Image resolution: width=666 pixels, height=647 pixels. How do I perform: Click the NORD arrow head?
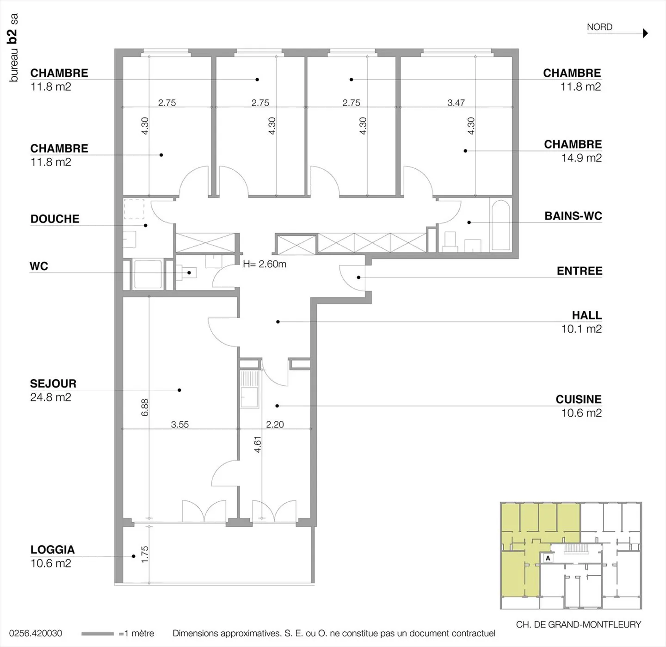pyautogui.click(x=645, y=33)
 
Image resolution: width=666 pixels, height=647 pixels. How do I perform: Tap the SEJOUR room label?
pyautogui.click(x=53, y=383)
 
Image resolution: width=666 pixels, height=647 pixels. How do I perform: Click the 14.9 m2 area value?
pyautogui.click(x=581, y=158)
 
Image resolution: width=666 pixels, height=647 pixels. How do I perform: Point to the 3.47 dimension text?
pyautogui.click(x=456, y=103)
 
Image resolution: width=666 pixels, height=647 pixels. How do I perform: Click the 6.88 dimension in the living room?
pyautogui.click(x=145, y=407)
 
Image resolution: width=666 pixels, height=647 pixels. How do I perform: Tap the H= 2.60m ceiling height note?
pyautogui.click(x=265, y=264)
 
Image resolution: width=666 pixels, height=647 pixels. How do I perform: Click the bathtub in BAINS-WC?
pyautogui.click(x=501, y=225)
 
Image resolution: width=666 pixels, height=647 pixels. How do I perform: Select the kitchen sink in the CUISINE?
pyautogui.click(x=249, y=390)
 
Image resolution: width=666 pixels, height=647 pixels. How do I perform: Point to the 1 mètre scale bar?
pyautogui.click(x=98, y=634)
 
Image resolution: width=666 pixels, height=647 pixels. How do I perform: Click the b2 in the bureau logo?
pyautogui.click(x=12, y=36)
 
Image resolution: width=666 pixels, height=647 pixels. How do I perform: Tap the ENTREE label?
pyautogui.click(x=580, y=271)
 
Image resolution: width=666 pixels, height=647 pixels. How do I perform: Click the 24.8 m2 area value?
pyautogui.click(x=51, y=397)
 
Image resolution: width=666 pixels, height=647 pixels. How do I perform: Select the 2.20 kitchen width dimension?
pyautogui.click(x=275, y=424)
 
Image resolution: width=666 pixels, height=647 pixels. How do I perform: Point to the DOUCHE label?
pyautogui.click(x=55, y=219)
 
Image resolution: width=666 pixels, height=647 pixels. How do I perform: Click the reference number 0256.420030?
pyautogui.click(x=36, y=633)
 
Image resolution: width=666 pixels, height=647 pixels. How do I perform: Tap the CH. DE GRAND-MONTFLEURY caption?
pyautogui.click(x=579, y=624)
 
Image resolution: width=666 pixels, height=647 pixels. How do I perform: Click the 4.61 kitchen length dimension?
pyautogui.click(x=258, y=444)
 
